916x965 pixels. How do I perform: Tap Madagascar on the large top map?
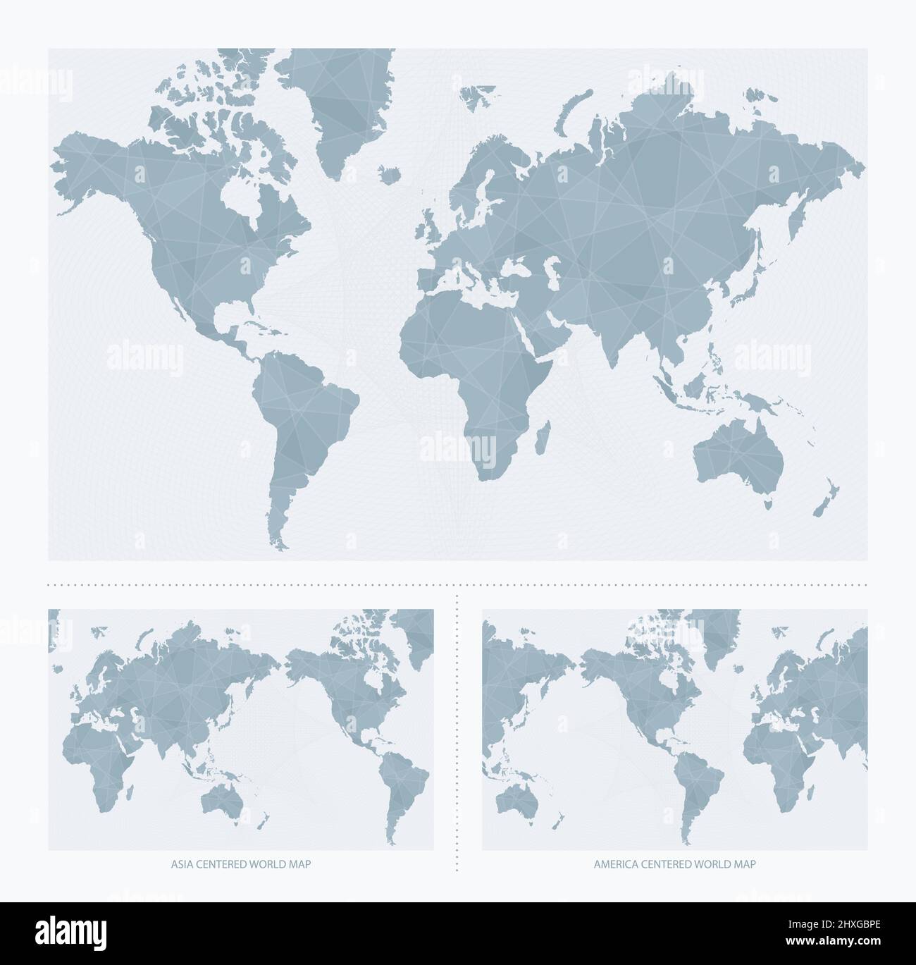pyautogui.click(x=543, y=436)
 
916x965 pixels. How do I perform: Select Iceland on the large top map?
pyautogui.click(x=387, y=173)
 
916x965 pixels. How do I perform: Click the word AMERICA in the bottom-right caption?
pyautogui.click(x=614, y=863)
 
